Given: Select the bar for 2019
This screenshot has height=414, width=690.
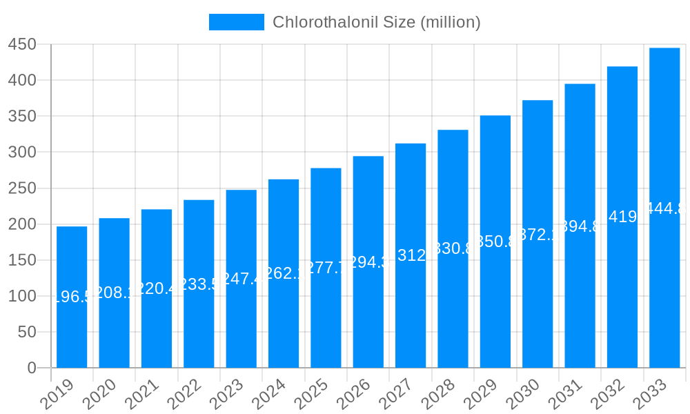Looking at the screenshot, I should click(72, 297).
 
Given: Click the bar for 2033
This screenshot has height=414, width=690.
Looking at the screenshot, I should click(664, 207).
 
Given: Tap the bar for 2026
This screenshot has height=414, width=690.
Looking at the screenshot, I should click(368, 262).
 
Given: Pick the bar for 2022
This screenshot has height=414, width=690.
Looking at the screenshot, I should click(199, 284).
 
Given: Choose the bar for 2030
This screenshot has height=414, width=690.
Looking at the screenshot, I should click(538, 234).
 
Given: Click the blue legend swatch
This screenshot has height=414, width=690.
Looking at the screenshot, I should click(237, 22).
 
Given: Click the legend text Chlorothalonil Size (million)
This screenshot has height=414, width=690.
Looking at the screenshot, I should click(376, 22).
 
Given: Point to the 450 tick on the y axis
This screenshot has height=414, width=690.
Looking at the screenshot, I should click(21, 44).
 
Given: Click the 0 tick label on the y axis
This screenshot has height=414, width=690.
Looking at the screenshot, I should click(32, 368).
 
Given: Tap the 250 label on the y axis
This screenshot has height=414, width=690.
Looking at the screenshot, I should click(21, 188).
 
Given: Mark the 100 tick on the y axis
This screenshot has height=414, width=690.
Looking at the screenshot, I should click(21, 296).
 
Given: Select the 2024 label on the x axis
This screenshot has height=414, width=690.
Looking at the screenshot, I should click(270, 395).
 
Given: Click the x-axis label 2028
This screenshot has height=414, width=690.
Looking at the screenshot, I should click(439, 395).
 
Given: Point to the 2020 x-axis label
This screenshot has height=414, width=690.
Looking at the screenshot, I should click(101, 395).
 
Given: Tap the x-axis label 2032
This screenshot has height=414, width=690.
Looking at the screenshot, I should click(609, 395).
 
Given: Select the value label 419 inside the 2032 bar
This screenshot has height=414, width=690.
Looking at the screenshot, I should click(622, 217).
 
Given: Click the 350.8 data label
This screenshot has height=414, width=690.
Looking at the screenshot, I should click(495, 241).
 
